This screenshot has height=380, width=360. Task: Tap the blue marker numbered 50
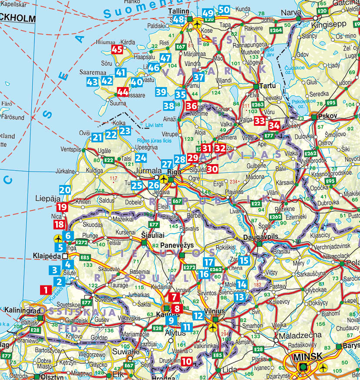click(x=224, y=10)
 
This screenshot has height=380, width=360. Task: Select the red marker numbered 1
click(x=45, y=289)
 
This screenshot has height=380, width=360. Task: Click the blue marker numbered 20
click(x=65, y=190)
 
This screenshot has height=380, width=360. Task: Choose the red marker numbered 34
click(x=274, y=125)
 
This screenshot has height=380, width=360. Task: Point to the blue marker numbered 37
click(x=199, y=78)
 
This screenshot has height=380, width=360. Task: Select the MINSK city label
click(x=307, y=356)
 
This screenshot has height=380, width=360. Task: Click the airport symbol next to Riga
click(x=164, y=179)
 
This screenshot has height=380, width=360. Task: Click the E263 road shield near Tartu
click(x=258, y=105)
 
